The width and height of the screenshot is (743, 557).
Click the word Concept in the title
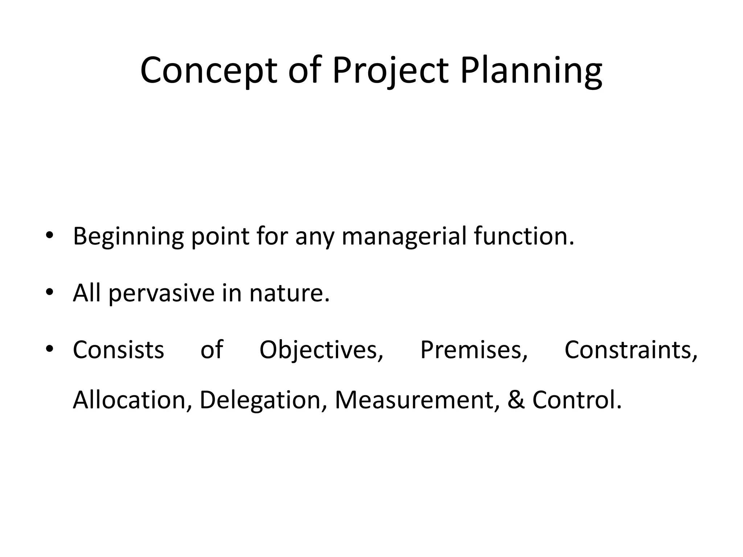(x=208, y=71)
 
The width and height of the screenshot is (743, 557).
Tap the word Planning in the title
(x=531, y=71)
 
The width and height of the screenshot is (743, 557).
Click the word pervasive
(x=162, y=293)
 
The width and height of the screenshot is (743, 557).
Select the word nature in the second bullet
(x=289, y=293)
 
